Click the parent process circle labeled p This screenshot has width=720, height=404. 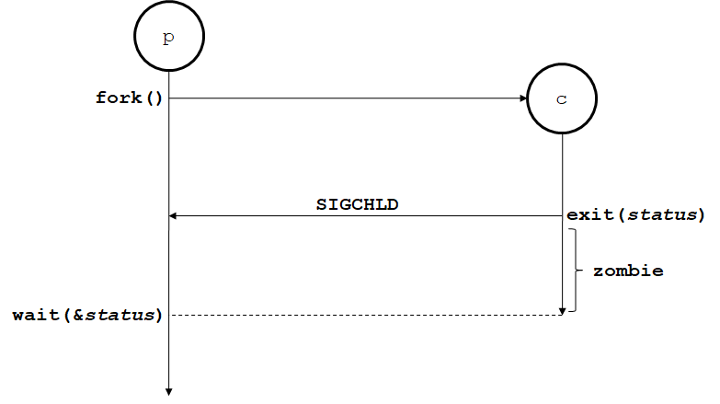[168, 38]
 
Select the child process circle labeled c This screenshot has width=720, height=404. [562, 99]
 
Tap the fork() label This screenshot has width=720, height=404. [129, 97]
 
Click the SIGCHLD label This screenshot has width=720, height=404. [357, 203]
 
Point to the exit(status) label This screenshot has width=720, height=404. [634, 215]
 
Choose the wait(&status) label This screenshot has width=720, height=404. [87, 316]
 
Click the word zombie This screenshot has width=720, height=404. [628, 271]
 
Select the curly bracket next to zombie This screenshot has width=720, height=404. [575, 271]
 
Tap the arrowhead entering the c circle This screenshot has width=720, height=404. [522, 98]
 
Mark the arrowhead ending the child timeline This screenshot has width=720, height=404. [562, 309]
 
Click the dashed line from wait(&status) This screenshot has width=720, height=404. [368, 315]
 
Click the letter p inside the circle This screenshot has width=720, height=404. [168, 39]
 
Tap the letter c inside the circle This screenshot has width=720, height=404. [562, 100]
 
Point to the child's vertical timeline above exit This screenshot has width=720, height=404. [562, 175]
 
